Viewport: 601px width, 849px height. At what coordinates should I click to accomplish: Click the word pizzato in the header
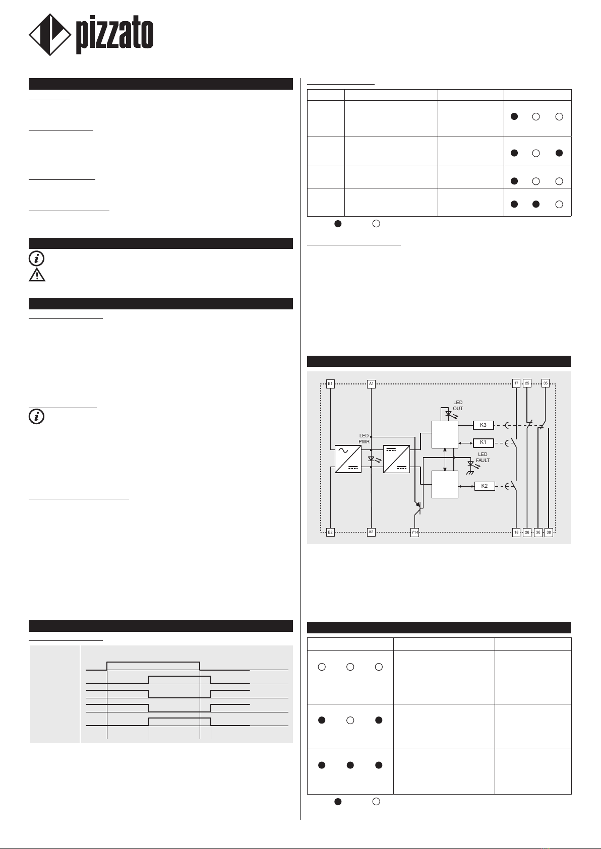(114, 36)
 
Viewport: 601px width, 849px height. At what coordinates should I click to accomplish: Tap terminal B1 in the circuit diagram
(330, 384)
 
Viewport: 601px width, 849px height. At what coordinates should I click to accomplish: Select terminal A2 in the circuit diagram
(371, 532)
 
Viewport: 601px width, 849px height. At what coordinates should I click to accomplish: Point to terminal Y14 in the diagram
(414, 533)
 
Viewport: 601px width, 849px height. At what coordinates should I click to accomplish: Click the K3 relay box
(483, 425)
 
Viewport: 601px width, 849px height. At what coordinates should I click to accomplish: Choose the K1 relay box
(483, 443)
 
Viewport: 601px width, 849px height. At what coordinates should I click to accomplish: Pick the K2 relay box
(485, 486)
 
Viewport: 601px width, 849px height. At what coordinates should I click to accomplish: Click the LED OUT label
(457, 406)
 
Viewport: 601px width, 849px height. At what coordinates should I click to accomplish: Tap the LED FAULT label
(483, 458)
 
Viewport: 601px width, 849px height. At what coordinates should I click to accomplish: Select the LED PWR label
(364, 439)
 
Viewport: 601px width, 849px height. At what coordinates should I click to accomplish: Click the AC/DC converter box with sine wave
(348, 459)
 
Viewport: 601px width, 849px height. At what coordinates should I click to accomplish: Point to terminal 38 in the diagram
(549, 533)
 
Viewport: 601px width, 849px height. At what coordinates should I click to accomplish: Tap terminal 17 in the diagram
(516, 383)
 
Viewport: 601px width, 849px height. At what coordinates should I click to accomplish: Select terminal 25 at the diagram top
(527, 383)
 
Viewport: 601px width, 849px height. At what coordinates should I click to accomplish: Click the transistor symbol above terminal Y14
(417, 508)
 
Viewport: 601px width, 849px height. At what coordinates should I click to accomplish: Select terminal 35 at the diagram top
(546, 383)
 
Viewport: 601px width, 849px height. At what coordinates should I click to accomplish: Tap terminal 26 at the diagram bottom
(527, 533)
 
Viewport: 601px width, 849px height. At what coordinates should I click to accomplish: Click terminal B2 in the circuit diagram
(330, 533)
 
